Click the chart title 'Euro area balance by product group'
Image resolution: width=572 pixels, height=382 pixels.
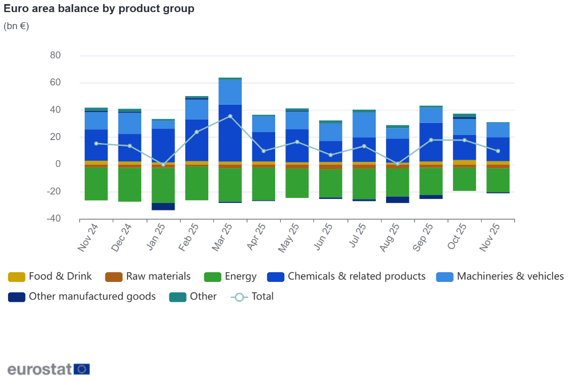pos(99,9)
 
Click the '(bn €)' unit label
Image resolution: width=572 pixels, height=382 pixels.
pos(16,26)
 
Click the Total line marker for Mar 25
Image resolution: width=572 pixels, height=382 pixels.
pos(230,116)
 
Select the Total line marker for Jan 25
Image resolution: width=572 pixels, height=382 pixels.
pos(163,165)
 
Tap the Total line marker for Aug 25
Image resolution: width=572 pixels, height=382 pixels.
pos(398,164)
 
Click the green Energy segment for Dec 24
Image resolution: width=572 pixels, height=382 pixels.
pos(130,184)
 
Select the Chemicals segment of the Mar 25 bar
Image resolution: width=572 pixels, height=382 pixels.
pos(230,133)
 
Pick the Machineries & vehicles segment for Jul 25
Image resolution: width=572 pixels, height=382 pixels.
pos(364,125)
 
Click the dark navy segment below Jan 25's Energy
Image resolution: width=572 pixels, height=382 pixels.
pos(163,206)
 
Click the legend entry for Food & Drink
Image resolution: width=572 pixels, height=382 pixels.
pos(50,277)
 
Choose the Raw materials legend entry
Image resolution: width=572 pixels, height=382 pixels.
pos(148,277)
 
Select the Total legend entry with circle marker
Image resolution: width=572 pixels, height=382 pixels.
pos(252,297)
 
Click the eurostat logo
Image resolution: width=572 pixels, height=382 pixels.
pos(49,369)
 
